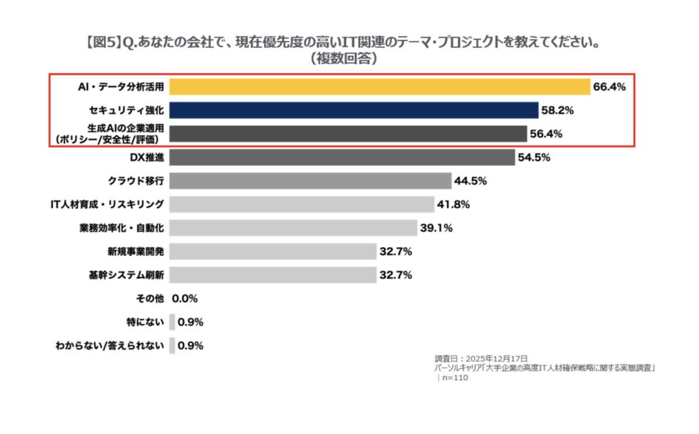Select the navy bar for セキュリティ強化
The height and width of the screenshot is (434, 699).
[x=354, y=111]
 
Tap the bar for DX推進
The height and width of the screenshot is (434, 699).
[x=342, y=158]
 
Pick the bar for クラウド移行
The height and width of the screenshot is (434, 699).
[x=310, y=181]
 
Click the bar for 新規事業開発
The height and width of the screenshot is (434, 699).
[x=273, y=251]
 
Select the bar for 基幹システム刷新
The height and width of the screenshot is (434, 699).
[x=273, y=275]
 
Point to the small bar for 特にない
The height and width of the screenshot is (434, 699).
[x=172, y=322]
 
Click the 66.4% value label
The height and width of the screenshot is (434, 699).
[x=609, y=87]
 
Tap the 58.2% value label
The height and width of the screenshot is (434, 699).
[x=557, y=111]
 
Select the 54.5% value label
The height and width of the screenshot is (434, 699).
[x=534, y=158]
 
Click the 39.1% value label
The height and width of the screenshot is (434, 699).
[x=436, y=228]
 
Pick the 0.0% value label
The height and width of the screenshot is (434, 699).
[x=185, y=298]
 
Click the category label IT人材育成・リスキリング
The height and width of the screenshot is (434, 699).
[x=107, y=205]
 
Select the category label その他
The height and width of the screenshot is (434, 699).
[x=149, y=298]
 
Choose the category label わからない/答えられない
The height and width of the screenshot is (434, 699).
[x=108, y=346]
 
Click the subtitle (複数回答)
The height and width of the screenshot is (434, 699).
[x=343, y=59]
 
